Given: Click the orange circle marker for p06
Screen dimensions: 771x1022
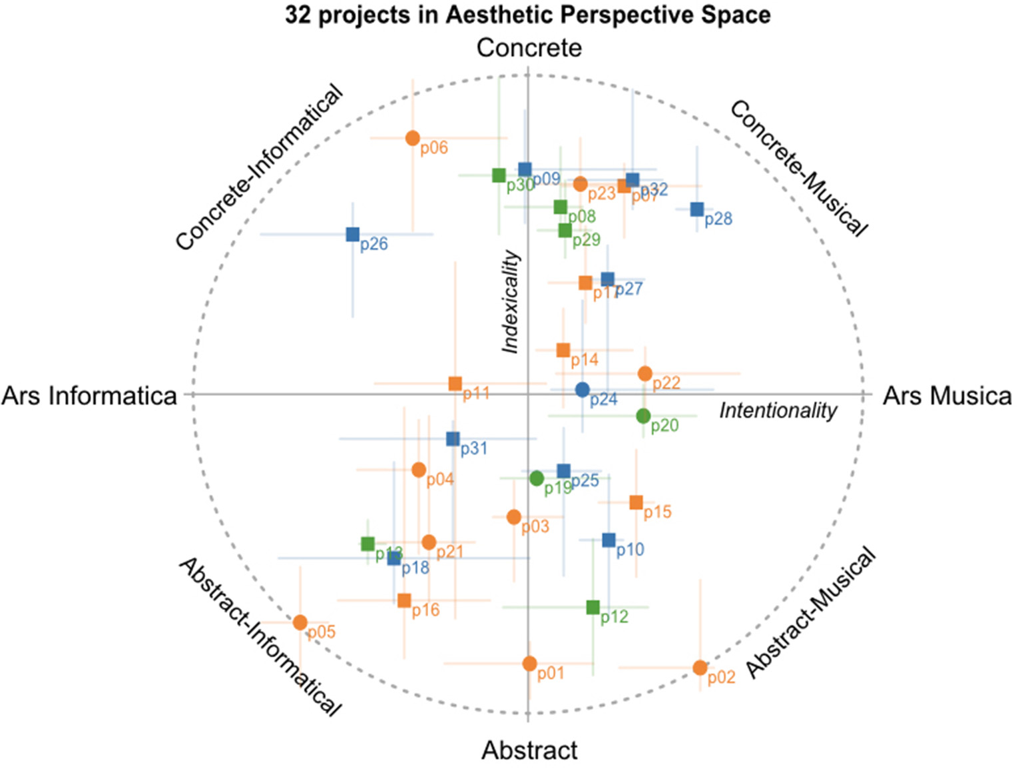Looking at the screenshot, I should (413, 138).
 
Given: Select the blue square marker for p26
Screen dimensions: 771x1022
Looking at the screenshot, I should (353, 235).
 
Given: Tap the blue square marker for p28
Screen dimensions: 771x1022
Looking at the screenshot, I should (697, 209).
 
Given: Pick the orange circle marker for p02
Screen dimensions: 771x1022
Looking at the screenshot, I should (700, 668).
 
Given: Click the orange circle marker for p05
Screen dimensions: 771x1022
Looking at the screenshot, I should (300, 622).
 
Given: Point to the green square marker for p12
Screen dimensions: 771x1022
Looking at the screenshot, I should (593, 607).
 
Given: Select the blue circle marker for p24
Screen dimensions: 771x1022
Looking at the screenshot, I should (583, 390).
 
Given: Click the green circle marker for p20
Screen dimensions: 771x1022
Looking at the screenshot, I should (643, 416).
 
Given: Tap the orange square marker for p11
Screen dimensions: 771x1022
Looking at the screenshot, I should (455, 384).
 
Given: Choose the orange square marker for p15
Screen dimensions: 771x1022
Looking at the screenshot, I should (637, 502).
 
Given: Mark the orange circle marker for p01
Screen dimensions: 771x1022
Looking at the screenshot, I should (529, 664).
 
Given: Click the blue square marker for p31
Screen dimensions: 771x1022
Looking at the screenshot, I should (453, 439).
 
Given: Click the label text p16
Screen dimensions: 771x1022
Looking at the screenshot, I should (425, 610).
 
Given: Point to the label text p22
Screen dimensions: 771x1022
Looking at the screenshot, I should (666, 383).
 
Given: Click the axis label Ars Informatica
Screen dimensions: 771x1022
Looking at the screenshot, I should (89, 396).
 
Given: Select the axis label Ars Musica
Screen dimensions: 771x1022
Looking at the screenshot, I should (947, 396).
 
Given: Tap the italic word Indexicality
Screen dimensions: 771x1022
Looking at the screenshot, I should (511, 301).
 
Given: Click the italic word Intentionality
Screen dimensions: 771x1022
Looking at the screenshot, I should (778, 410).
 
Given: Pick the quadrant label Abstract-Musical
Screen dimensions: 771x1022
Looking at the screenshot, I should (810, 613).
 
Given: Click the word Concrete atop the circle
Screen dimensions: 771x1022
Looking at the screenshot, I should (529, 48).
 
